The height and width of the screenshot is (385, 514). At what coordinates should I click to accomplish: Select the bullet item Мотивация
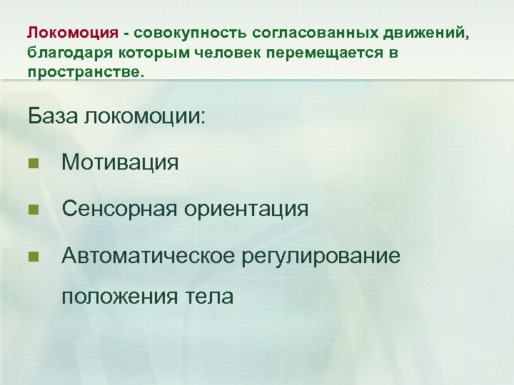click(120, 163)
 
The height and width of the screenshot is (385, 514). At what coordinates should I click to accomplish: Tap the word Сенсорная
click(119, 209)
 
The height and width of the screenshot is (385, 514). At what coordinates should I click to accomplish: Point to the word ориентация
click(246, 209)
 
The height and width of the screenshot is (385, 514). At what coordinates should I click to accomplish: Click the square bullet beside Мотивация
click(33, 164)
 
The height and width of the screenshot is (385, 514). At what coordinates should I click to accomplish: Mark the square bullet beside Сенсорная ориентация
click(33, 210)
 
